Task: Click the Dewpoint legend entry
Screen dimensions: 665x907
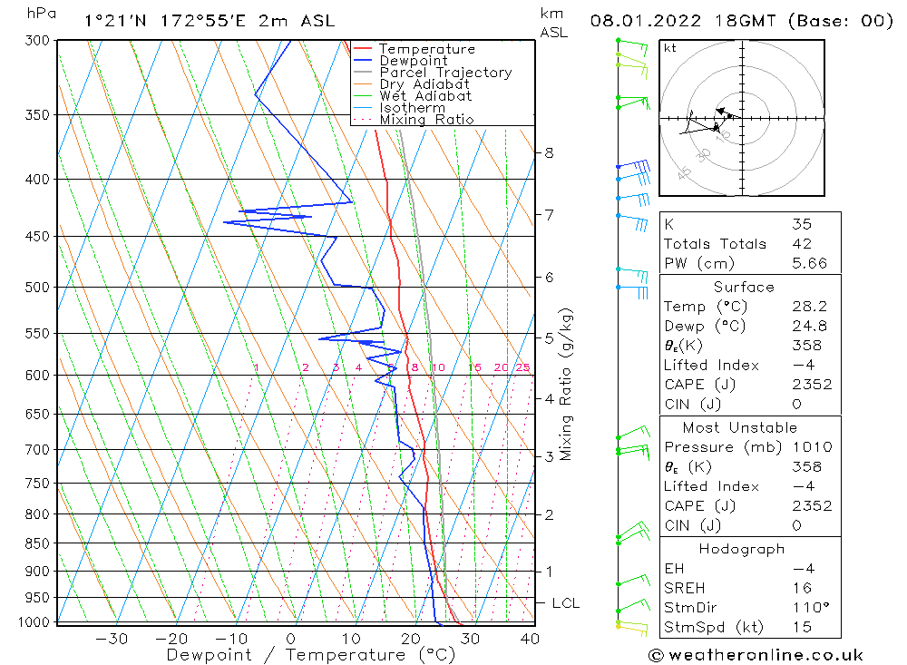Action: (x=414, y=61)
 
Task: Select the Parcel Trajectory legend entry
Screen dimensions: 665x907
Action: (x=445, y=73)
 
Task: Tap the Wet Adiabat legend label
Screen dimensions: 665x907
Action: (x=425, y=96)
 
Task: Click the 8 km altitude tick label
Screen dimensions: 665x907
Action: (x=549, y=153)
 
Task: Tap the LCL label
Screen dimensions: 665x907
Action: (x=565, y=603)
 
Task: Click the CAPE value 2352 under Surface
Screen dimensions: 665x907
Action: (x=811, y=385)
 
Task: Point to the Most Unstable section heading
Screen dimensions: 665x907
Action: (x=740, y=427)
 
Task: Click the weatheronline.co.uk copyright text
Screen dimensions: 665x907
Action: (x=756, y=655)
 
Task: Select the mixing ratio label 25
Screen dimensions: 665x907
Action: (x=523, y=367)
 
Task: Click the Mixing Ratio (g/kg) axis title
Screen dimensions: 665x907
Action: (x=566, y=384)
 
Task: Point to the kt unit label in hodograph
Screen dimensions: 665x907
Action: (x=670, y=48)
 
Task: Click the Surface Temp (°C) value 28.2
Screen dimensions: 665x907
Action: (x=809, y=307)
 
